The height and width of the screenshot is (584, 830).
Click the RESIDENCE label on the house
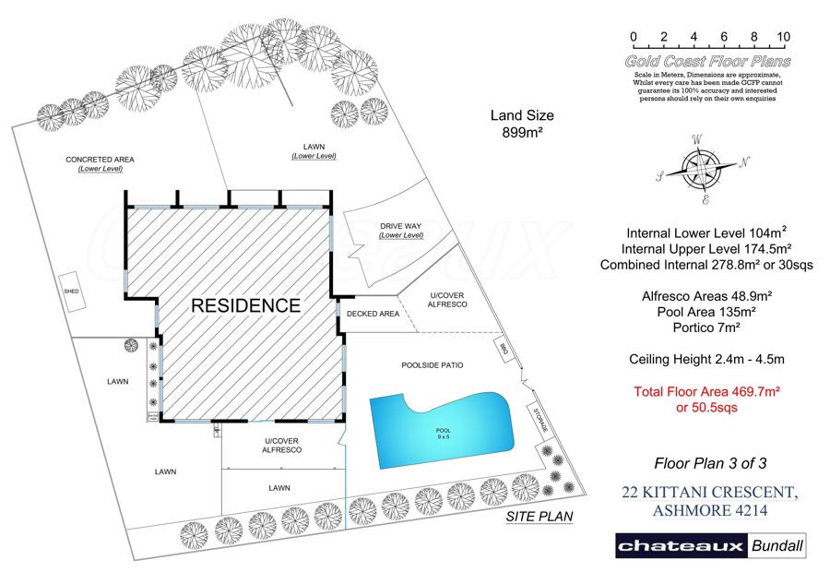coord(245,305)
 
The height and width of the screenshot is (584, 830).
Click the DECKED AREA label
coord(373,314)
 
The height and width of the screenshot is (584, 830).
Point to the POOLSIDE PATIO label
coord(432,365)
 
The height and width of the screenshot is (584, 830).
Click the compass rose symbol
coord(705,168)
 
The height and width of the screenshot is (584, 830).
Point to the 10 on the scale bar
coord(784,37)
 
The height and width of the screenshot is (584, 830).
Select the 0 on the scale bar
coord(634,37)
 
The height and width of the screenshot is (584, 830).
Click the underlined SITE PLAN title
coord(539,518)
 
